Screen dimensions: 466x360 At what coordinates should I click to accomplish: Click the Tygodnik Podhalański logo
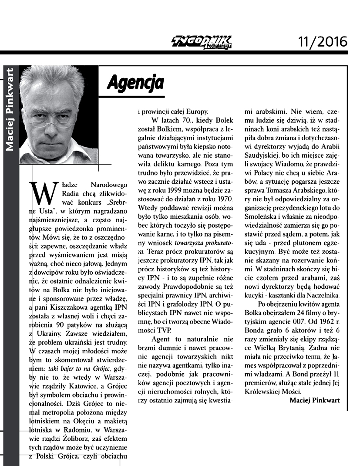point(201,42)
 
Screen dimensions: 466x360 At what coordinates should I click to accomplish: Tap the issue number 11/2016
point(323,42)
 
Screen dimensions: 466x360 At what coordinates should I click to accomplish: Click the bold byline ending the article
point(314,400)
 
